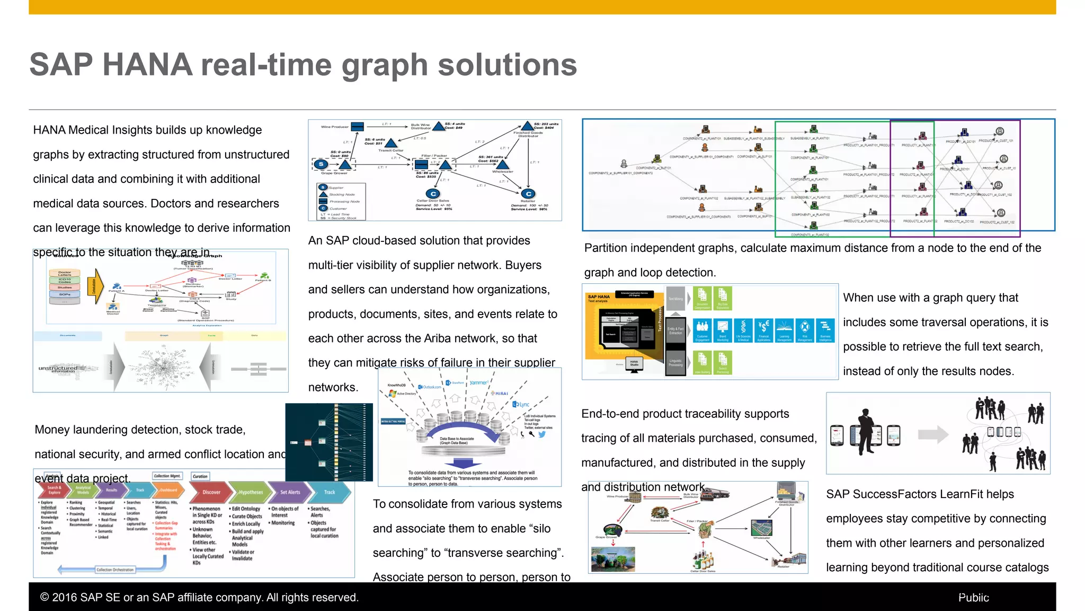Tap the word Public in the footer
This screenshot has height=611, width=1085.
[x=973, y=597]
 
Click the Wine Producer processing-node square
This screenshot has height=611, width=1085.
[x=358, y=127]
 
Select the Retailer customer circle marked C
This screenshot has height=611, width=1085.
[x=528, y=194]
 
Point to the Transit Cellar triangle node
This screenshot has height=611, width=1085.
[x=390, y=143]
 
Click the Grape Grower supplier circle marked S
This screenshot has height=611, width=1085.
[x=321, y=164]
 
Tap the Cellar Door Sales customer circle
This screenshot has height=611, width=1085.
[x=433, y=194]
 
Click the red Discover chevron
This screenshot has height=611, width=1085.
[x=212, y=492]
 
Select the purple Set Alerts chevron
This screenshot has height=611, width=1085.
[x=289, y=492]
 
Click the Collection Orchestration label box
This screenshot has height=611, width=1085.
[x=115, y=570]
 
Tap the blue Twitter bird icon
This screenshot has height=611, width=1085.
[x=542, y=434]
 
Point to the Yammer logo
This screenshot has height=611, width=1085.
[x=478, y=382]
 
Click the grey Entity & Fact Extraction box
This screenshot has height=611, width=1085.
[x=675, y=331]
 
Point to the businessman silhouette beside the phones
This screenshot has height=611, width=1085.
[x=866, y=431]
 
